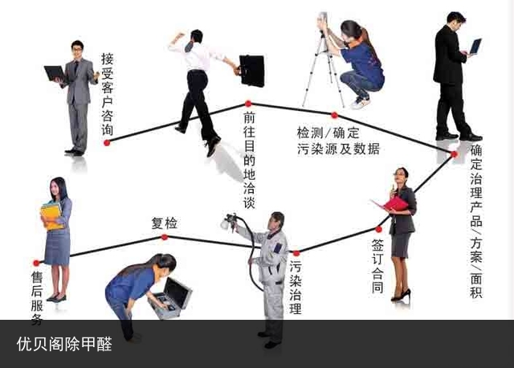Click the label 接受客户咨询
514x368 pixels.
(107, 95)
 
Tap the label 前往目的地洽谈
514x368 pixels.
(250, 160)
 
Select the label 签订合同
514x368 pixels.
(377, 266)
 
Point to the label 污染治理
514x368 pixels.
(296, 288)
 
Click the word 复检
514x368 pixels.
(164, 223)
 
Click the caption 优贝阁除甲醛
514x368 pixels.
(64, 344)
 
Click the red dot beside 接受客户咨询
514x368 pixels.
(107, 143)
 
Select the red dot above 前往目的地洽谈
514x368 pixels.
(248, 104)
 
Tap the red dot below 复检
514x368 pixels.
(165, 237)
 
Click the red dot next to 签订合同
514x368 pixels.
(378, 229)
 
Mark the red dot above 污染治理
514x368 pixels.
(296, 253)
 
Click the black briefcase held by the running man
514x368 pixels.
(251, 71)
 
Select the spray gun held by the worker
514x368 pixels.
(229, 222)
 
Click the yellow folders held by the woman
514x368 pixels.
(51, 216)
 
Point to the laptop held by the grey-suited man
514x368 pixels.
(55, 74)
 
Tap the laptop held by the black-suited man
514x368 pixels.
(475, 47)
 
